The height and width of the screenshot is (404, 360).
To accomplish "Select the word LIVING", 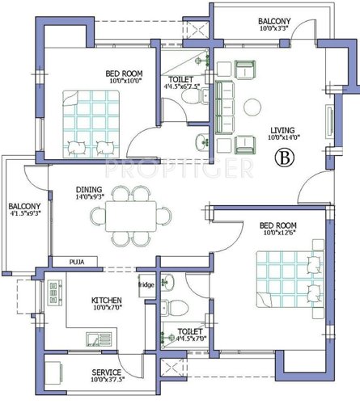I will (282, 129).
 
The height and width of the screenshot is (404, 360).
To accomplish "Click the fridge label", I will (146, 285).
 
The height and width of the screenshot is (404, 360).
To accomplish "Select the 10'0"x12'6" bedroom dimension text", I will (277, 234).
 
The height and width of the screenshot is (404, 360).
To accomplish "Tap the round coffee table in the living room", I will (253, 107).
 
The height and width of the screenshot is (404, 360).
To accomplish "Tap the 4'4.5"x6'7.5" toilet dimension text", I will (182, 81).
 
